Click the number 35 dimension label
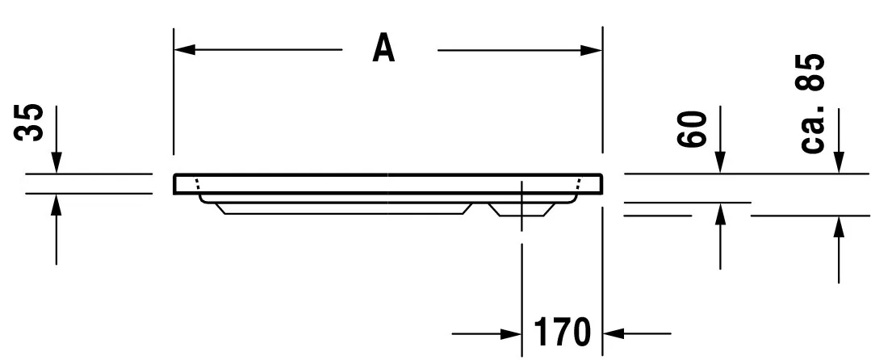[x=31, y=123]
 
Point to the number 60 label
[x=693, y=129]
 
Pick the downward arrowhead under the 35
[x=56, y=164]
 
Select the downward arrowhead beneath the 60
[x=720, y=164]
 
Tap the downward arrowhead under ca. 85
[x=839, y=164]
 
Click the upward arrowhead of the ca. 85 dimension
[x=839, y=227]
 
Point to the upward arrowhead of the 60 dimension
[x=720, y=213]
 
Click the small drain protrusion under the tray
[x=522, y=209]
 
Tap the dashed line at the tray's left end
[x=198, y=184]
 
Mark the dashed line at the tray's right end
[x=576, y=184]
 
